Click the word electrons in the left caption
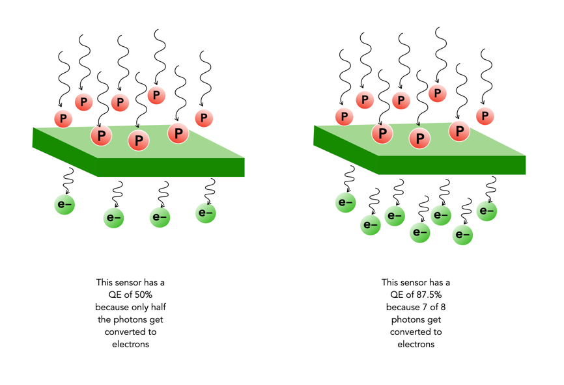point(130,344)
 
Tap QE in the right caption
point(389,295)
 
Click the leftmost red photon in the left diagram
point(63,118)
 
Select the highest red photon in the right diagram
point(438,94)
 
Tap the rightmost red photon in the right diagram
point(484,116)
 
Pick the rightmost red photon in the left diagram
point(204,118)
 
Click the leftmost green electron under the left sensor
point(64,204)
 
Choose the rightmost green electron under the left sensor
point(205,213)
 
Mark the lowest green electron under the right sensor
point(462,235)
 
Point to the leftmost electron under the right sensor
point(346,202)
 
